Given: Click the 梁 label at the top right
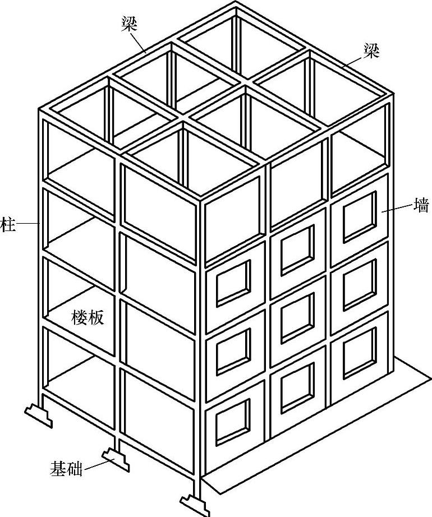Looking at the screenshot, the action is [371, 52].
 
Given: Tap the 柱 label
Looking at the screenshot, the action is [7, 223].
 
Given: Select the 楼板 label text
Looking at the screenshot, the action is [88, 317].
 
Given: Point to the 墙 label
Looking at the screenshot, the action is [421, 206].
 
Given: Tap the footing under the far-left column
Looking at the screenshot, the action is [38, 414].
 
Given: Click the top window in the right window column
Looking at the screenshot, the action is [359, 216].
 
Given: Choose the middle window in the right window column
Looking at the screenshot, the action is [359, 281].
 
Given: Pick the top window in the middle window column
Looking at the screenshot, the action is [297, 243].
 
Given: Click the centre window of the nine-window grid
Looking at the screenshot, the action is [297, 308].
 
